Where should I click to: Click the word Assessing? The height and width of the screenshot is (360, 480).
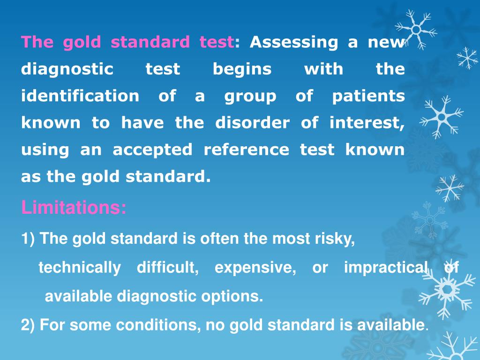point(293,43)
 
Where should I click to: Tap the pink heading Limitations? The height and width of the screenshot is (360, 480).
point(74,208)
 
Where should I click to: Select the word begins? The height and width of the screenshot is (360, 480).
point(242,69)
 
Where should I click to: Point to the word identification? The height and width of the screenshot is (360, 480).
point(80,96)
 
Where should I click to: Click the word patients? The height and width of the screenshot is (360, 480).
point(368,96)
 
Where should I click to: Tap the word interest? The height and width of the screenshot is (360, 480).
point(366,123)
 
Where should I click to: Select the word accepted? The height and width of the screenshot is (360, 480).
point(152,150)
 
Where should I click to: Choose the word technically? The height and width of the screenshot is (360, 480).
point(79,268)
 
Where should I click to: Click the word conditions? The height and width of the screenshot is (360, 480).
point(158,325)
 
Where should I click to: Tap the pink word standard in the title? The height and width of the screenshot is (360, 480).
point(150,43)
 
